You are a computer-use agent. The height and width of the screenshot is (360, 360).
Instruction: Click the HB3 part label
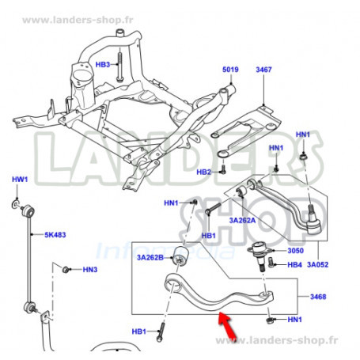pos(102,65)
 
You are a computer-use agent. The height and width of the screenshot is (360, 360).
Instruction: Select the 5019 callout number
pos(230,70)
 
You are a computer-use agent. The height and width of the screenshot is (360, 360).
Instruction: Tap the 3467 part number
pos(263,70)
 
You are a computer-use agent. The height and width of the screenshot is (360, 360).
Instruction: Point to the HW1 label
pos(20,180)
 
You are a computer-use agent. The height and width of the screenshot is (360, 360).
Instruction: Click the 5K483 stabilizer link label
pos(55,235)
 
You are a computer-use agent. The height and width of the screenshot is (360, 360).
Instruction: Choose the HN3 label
pos(90,270)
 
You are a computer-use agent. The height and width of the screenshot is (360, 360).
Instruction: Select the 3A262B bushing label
pos(150,257)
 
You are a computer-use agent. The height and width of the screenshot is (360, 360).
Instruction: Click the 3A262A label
pos(242,220)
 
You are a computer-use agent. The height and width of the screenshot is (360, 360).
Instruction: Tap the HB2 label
pos(203,172)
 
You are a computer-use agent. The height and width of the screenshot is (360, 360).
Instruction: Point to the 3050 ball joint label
pos(295,251)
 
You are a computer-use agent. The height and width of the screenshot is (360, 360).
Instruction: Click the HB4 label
pos(294,264)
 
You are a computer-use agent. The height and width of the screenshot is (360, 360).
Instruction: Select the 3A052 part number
pos(317,264)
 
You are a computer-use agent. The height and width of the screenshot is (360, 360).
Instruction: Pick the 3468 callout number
pos(318,297)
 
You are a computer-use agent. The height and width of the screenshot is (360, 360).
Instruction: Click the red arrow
pos(227,325)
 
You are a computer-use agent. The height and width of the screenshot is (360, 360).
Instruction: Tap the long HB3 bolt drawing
pos(119,67)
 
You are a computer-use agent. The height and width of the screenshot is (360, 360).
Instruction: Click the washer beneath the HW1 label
pos(16,203)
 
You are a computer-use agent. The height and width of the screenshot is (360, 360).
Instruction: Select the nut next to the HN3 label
pos(66,270)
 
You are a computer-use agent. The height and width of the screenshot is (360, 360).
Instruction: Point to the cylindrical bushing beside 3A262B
pos(180,256)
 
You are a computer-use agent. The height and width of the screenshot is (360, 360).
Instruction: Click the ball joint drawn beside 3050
pos(260,255)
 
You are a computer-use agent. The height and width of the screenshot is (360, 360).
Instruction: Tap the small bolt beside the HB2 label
pos(223,169)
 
